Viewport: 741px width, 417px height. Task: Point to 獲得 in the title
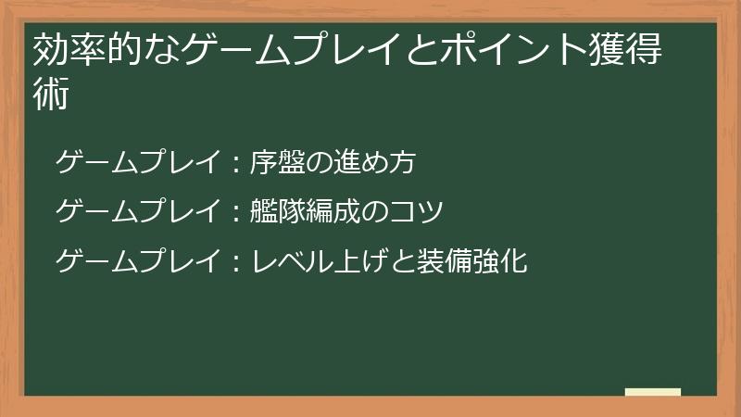[x=627, y=52]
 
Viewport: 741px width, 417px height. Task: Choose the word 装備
[x=436, y=262]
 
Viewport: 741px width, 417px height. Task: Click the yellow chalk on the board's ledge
[x=652, y=392]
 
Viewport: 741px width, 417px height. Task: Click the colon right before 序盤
[x=235, y=164]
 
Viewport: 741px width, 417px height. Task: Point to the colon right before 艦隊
[x=235, y=214]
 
